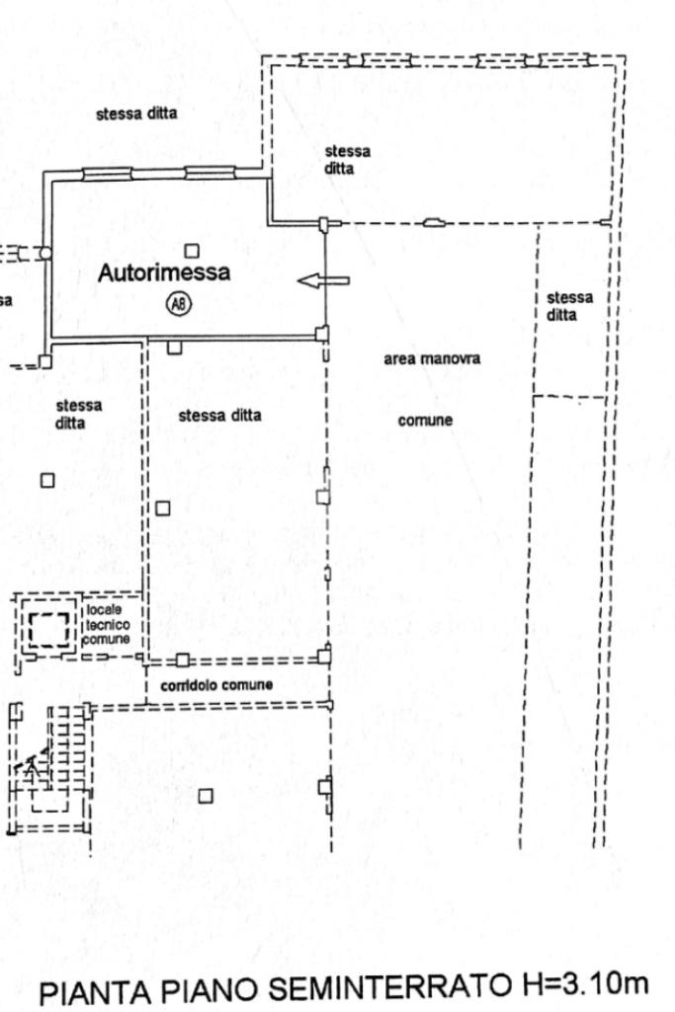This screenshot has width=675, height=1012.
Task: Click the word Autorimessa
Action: point(163,272)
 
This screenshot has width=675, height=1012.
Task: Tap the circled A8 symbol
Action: point(178,305)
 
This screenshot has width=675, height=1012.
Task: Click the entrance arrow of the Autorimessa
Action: point(324,281)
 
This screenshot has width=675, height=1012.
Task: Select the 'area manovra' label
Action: point(432,359)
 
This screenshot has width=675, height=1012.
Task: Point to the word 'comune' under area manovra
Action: point(425,421)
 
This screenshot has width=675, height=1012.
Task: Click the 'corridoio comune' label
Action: point(204,685)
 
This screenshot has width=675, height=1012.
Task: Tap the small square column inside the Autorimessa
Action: point(192,251)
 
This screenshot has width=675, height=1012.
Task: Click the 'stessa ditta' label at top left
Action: point(136,114)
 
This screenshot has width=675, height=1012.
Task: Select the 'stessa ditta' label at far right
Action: point(569,305)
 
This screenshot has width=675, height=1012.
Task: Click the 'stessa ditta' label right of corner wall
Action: point(347,159)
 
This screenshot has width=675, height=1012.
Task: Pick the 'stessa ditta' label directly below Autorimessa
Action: point(219,416)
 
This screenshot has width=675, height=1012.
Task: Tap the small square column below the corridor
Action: point(206,796)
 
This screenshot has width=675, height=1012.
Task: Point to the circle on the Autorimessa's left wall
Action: point(44,254)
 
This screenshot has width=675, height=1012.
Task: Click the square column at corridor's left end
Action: point(183,660)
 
